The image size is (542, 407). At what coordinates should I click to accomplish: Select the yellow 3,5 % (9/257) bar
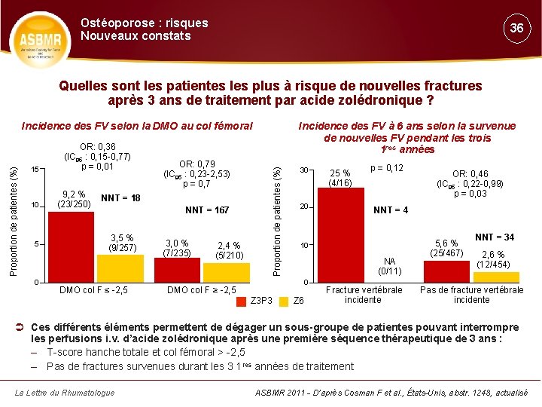point(119,268)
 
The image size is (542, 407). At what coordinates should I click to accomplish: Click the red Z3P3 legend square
point(242,301)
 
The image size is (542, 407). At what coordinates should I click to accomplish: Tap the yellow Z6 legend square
point(284,301)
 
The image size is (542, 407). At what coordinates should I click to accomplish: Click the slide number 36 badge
point(516,28)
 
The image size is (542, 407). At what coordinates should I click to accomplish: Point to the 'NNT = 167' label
point(207,210)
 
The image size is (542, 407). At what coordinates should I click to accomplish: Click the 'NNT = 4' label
point(391,210)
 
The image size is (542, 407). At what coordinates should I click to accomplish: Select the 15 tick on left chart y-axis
point(34,168)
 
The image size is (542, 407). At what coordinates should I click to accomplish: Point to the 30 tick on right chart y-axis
point(303,169)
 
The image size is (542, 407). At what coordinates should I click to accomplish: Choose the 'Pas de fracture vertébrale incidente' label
point(471,295)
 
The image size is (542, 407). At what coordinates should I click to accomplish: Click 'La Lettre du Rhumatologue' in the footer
point(65,392)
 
